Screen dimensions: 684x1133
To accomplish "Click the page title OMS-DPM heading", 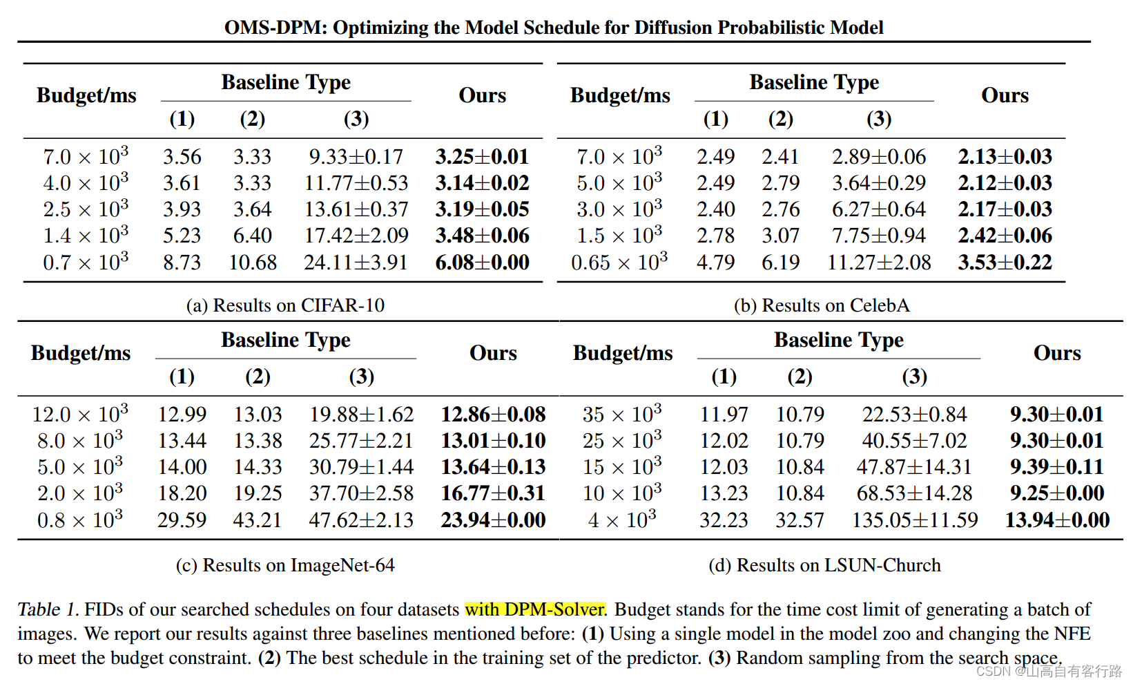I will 554,28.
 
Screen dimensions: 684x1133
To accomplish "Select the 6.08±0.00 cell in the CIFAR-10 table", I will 482,263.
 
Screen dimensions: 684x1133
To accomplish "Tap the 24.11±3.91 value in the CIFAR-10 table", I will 356,263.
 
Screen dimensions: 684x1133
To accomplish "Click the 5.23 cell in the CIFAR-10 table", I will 182,236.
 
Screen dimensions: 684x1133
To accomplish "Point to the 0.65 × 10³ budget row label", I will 619,263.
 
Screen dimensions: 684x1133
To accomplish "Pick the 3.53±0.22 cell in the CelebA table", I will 1005,263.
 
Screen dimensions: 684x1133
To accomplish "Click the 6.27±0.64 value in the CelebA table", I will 878,210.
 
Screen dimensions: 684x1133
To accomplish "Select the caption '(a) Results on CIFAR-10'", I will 285,305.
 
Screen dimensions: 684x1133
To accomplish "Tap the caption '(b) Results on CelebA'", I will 822,305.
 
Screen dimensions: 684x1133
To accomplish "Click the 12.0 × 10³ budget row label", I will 80,415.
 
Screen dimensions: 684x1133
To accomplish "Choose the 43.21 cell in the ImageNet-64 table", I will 257,520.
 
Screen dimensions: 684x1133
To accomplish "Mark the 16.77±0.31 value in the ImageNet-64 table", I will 493,493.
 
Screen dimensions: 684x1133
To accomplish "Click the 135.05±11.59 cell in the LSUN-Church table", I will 914,520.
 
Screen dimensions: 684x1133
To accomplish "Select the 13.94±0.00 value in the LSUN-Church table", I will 1057,520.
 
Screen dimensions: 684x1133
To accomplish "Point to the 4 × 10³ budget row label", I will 621,520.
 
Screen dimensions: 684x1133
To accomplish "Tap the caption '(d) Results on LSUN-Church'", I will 824,565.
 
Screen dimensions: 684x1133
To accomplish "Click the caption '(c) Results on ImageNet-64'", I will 285,565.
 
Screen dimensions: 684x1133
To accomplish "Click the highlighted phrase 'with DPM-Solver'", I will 535,609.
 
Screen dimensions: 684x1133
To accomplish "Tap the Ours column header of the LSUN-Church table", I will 1057,353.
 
